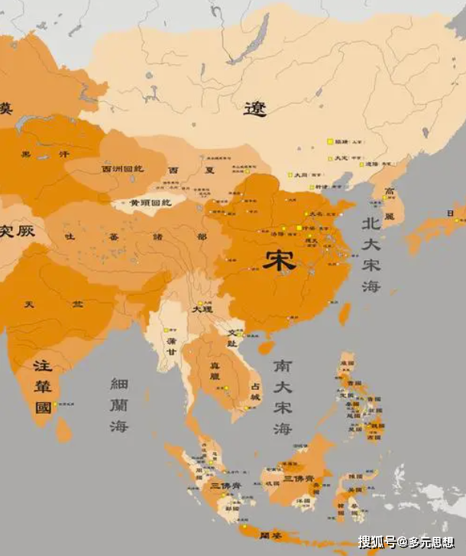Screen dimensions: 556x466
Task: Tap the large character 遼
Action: coord(255,109)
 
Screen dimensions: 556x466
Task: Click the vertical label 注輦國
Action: coord(43,387)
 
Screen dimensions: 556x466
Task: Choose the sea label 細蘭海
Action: coord(119,405)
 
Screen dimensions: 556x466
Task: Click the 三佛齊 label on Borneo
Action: coord(297,478)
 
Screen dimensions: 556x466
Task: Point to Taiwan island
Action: coord(345,313)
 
